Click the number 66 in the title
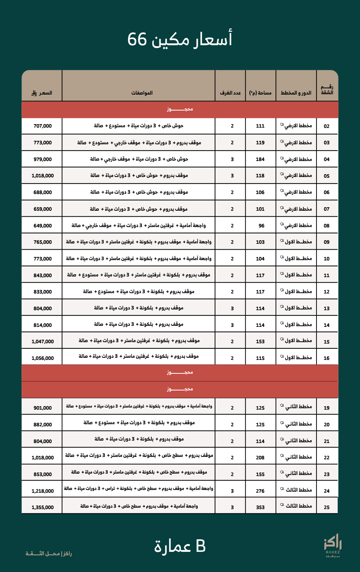pyautogui.click(x=138, y=39)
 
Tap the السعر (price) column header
pyautogui.click(x=42, y=93)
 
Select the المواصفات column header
pyautogui.click(x=142, y=93)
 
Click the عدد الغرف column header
pyautogui.click(x=230, y=93)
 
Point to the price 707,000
pyautogui.click(x=42, y=126)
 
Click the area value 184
pyautogui.click(x=260, y=159)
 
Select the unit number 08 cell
pyautogui.click(x=326, y=226)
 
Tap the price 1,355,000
pyautogui.click(x=42, y=507)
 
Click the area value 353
pyautogui.click(x=260, y=507)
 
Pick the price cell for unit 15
pyautogui.click(x=42, y=341)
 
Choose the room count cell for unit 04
pyautogui.click(x=232, y=159)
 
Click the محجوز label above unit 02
pyautogui.click(x=179, y=109)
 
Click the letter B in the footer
pyautogui.click(x=201, y=546)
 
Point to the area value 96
pyautogui.click(x=261, y=226)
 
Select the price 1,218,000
pyautogui.click(x=42, y=491)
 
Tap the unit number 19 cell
pyautogui.click(x=326, y=408)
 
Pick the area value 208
pyautogui.click(x=260, y=458)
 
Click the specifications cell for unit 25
pyautogui.click(x=139, y=506)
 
